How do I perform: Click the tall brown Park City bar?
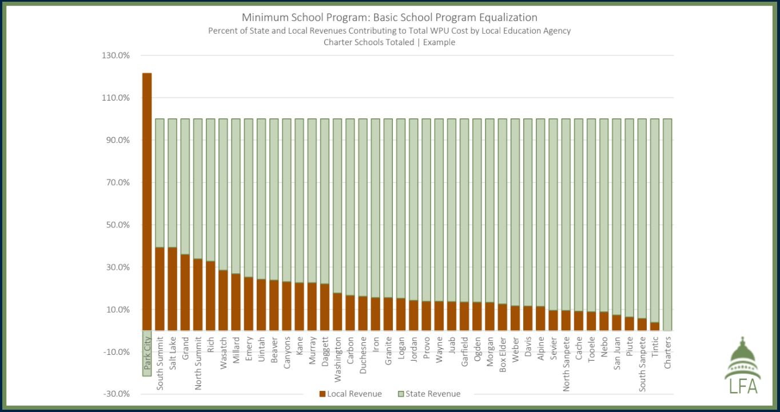[147, 200]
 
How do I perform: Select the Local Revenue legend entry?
[350, 394]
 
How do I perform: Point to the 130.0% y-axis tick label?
[117, 55]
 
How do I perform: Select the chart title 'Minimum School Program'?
[389, 18]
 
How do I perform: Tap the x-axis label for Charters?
[667, 352]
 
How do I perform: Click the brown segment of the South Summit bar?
[160, 289]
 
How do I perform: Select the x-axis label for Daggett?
[324, 354]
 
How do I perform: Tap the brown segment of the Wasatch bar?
[223, 300]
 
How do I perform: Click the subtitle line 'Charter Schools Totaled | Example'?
[389, 42]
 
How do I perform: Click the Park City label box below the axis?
[147, 354]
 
